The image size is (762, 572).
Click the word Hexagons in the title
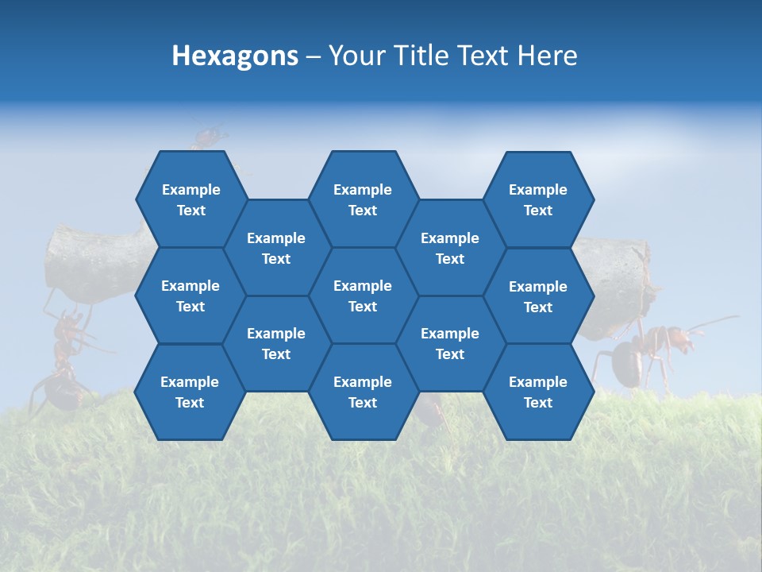235,56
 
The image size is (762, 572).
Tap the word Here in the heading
547,56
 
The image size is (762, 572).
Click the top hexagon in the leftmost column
190,199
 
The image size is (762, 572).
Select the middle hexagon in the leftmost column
190,296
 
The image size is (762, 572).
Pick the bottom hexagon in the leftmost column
190,392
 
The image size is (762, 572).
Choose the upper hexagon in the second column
276,248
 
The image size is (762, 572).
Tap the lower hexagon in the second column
276,343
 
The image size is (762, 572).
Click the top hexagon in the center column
363,199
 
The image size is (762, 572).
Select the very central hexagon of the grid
363,296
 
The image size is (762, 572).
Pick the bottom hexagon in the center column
363,392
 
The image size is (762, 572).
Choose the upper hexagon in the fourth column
450,248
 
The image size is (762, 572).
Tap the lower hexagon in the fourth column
450,343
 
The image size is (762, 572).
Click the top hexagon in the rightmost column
538,199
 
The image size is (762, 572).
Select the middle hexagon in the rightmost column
538,296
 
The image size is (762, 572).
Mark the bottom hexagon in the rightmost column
538,392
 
